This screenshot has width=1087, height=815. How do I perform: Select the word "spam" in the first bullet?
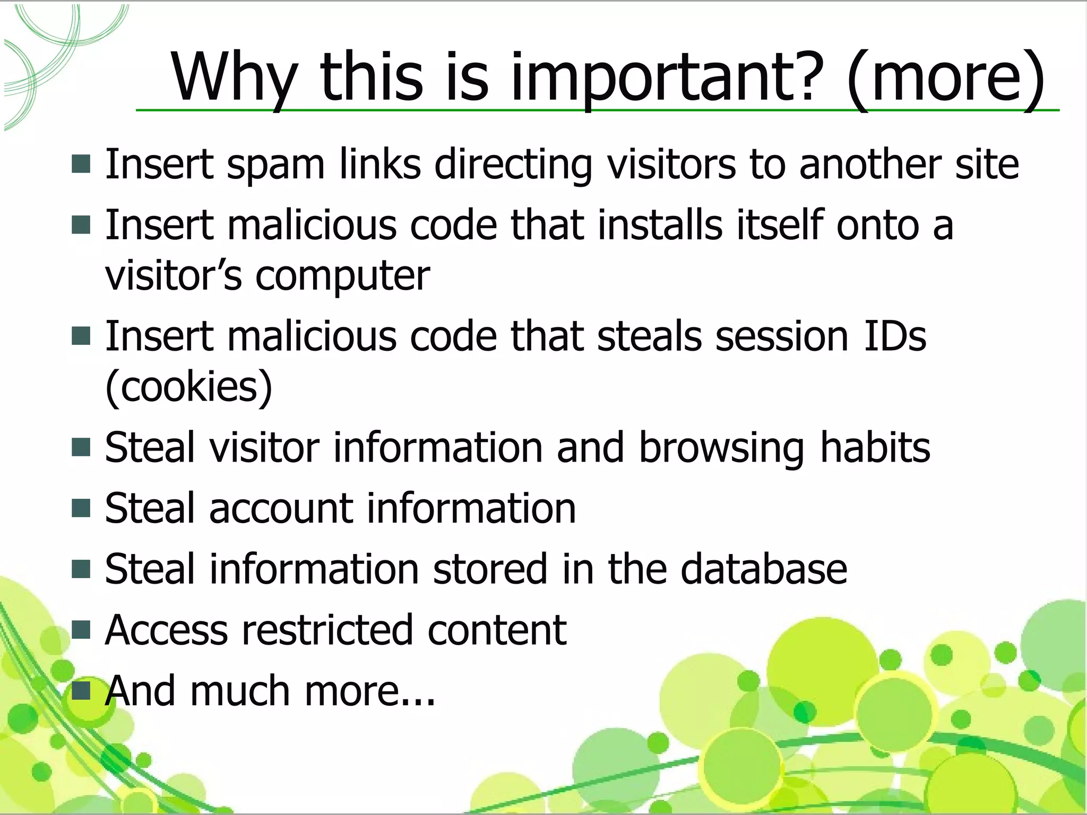coord(275,165)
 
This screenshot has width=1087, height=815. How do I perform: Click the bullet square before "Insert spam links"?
coord(81,164)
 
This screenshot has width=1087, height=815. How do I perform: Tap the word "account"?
coord(281,509)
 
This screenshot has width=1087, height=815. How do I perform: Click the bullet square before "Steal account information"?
coord(81,508)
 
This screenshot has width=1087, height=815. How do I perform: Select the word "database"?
coord(764,569)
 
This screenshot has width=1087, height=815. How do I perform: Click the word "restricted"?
coord(327,630)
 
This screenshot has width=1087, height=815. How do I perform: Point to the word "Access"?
coord(166,630)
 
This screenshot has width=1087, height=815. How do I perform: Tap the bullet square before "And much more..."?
coord(81,690)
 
